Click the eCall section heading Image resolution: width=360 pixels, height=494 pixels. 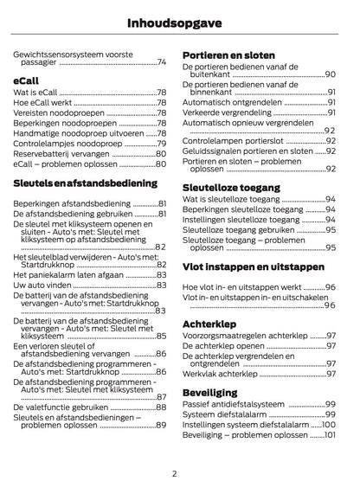click(29, 79)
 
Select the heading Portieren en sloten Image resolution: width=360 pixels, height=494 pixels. click(228, 56)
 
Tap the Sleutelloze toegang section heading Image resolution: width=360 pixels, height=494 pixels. click(235, 187)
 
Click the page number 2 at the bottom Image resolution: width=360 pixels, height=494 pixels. click(175, 473)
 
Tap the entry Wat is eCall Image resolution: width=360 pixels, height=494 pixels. click(35, 92)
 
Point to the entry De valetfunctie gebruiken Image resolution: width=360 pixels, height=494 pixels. click(61, 407)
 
